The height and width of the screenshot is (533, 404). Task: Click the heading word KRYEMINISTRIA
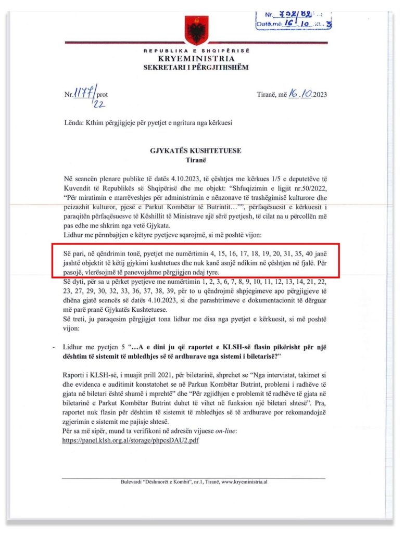click(x=196, y=59)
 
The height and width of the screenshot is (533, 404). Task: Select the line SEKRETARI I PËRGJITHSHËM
click(x=196, y=67)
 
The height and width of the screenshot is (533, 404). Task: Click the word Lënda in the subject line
click(x=69, y=123)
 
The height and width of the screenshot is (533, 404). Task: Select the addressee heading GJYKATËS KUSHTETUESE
click(x=196, y=151)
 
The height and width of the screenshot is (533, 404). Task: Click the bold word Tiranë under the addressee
click(x=196, y=160)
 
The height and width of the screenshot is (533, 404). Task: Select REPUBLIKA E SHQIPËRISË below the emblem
click(x=196, y=50)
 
